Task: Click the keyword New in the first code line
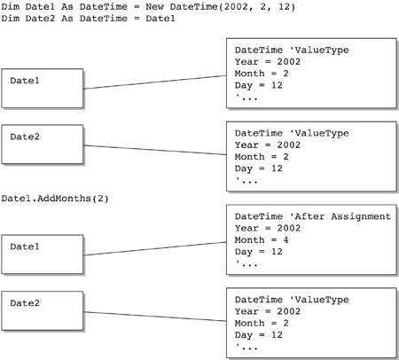coord(154,6)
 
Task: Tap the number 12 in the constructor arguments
coord(285,6)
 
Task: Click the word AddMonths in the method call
coord(64,199)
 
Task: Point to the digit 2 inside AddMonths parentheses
coord(100,199)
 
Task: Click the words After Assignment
coord(342,216)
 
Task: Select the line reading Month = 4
coord(262,239)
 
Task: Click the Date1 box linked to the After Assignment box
coord(43,254)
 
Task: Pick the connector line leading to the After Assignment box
coord(155,248)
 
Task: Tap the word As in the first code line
coord(67,6)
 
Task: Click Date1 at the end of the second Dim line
coord(160,19)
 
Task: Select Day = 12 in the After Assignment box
coord(259,252)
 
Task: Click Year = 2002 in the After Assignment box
coord(268,228)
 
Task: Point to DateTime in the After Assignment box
coord(259,216)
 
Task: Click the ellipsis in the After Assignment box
coord(246,263)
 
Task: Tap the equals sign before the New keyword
coord(137,7)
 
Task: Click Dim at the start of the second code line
coord(11,19)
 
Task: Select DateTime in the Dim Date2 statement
coord(104,19)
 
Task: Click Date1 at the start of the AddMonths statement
coord(16,199)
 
